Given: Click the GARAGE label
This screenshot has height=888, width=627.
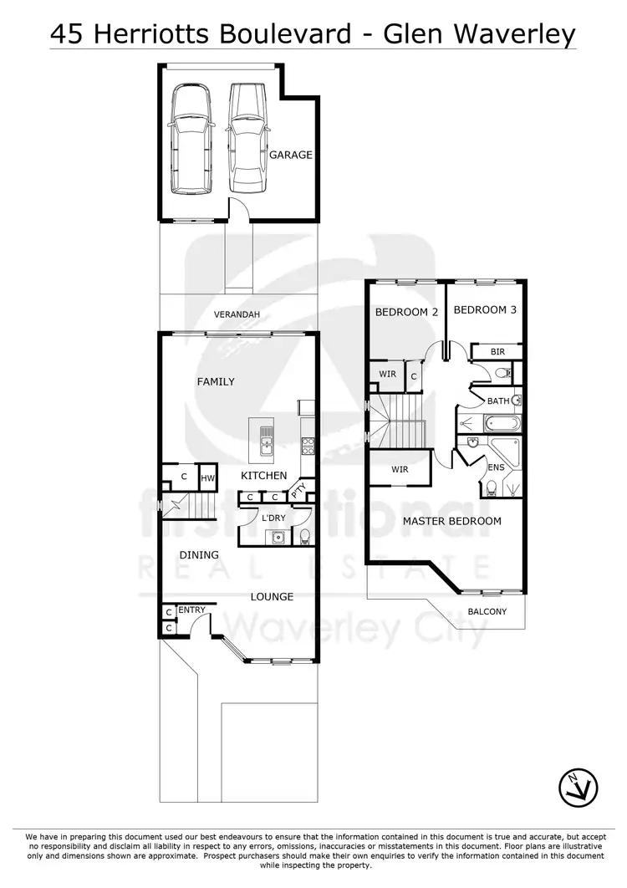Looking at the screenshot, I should (290, 155).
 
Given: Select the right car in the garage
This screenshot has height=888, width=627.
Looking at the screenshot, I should (246, 137).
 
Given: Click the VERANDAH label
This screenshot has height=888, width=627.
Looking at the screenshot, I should (237, 314).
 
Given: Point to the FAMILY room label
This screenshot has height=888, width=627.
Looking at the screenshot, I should (216, 381).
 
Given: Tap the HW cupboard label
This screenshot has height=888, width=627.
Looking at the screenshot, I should (206, 478).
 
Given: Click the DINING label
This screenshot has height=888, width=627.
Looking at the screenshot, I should (199, 554).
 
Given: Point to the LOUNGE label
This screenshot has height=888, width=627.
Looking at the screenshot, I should (273, 596).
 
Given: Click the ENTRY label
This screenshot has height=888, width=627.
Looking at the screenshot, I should (191, 610).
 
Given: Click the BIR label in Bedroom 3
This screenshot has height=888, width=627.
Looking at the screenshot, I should (497, 352).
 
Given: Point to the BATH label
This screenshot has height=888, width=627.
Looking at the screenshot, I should (498, 401).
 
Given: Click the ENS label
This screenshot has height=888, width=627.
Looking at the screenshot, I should (496, 467).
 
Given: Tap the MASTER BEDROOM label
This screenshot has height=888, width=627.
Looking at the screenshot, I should (451, 521).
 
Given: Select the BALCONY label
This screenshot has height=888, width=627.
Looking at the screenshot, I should (487, 611).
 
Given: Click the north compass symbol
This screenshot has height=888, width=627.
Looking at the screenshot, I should (579, 786).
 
